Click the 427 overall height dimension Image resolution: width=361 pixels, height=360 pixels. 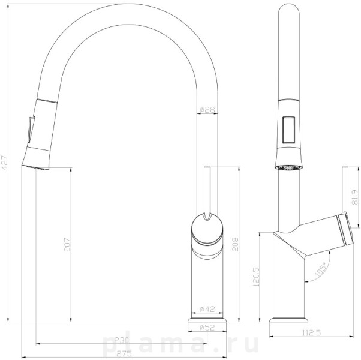coord(5,163)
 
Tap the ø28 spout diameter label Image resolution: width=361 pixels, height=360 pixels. coord(207,110)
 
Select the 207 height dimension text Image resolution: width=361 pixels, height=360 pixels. coord(67,245)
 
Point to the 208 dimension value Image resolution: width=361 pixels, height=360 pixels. coord(235,244)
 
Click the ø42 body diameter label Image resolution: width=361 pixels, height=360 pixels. coord(207,309)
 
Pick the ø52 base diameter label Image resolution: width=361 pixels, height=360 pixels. coord(207,327)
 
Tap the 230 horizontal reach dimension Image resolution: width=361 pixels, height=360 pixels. coord(122,340)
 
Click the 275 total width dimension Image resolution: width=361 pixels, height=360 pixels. coord(124,353)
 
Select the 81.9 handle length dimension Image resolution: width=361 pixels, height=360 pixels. coord(355,197)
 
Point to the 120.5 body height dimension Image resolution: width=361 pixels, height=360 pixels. coord(256,277)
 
